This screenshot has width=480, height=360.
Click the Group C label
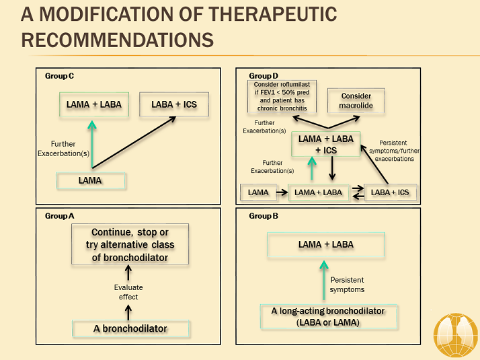point(59,75)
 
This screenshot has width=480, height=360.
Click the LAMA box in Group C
point(90,180)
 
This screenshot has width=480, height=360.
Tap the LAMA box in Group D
point(258,192)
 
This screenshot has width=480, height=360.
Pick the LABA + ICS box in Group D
point(390,192)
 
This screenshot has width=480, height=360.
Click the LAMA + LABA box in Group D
point(319,192)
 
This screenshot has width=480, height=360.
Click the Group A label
point(59,216)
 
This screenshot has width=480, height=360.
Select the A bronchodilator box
point(131,329)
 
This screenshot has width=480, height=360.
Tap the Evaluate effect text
point(128,292)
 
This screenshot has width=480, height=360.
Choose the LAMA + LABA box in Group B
point(326,245)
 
